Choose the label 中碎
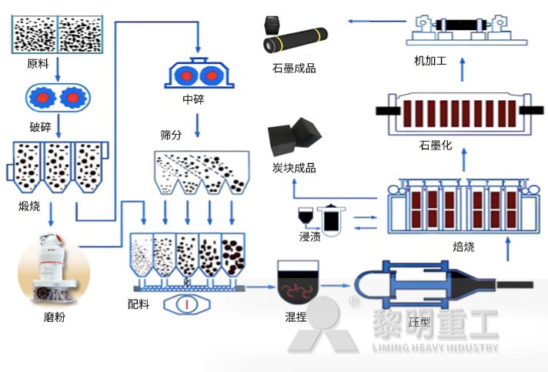point(193,99)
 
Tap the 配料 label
point(139,303)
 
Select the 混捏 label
point(296,317)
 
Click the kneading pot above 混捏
point(298,282)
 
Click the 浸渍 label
point(310,236)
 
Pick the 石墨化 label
point(435,145)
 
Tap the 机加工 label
point(429,59)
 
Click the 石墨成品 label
point(294,69)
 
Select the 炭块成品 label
point(294,168)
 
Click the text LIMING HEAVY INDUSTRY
point(435,347)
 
